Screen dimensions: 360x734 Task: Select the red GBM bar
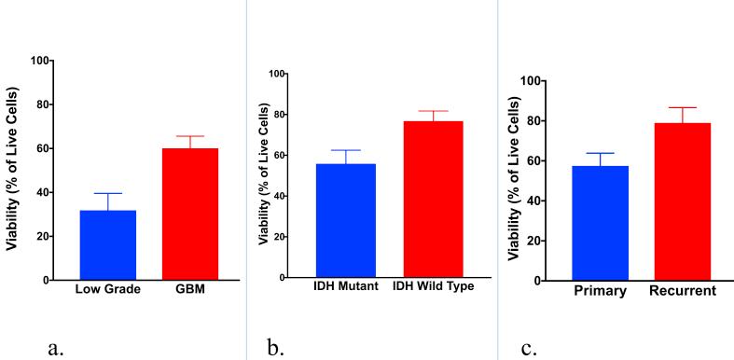(190, 214)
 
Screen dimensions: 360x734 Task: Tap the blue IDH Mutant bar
(345, 220)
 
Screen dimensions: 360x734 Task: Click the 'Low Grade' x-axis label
(108, 289)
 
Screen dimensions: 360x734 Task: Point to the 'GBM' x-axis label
(190, 289)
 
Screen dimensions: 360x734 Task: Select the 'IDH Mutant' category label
(345, 286)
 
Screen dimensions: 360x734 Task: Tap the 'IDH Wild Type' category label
(433, 286)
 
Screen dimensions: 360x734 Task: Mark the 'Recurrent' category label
(682, 291)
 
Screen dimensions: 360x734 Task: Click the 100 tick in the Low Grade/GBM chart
(40, 61)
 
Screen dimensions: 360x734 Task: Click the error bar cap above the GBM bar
(190, 136)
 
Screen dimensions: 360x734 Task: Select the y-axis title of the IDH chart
(265, 175)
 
